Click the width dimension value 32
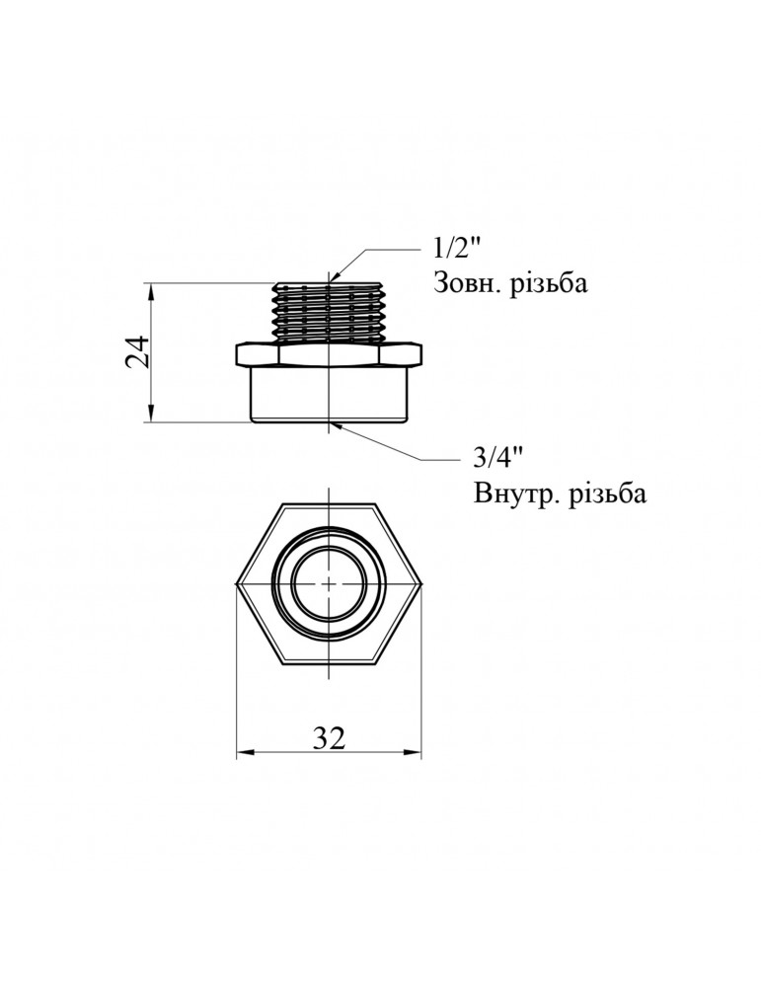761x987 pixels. [329, 737]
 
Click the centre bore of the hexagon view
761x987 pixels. [329, 584]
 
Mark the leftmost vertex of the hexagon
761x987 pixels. [238, 584]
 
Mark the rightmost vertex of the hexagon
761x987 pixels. [420, 584]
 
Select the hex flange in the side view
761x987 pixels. [329, 354]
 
